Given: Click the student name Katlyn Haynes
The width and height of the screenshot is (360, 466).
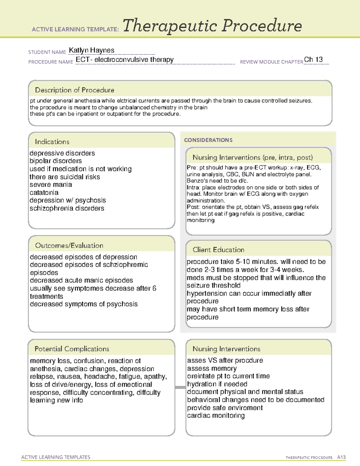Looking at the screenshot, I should click(91, 50).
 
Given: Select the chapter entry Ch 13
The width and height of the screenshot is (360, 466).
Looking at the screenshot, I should click(313, 59).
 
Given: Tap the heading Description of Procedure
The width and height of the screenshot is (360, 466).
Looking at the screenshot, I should click(74, 90).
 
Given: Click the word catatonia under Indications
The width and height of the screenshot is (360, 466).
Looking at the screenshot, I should click(44, 193).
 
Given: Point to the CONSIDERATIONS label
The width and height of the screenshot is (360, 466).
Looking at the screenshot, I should click(208, 140).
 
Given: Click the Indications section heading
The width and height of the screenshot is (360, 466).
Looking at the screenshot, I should click(52, 142).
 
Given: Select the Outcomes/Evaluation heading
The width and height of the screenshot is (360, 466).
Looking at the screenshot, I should click(69, 245).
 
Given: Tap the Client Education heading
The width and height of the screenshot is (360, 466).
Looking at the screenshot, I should click(218, 250).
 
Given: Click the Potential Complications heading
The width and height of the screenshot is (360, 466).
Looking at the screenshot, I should click(72, 349).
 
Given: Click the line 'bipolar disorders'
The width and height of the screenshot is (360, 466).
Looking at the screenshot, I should click(55, 161).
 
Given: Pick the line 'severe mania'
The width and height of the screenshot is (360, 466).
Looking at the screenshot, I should click(51, 185).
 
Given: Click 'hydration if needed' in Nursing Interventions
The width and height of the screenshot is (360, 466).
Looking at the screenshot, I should click(217, 384).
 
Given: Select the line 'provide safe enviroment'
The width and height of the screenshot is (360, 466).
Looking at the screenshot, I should click(225, 408).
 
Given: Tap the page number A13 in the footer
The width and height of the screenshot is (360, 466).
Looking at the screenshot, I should click(341, 457).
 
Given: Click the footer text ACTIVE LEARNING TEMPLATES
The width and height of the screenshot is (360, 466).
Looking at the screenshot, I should click(56, 457).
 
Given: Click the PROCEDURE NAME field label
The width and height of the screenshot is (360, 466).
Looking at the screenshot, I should click(51, 62).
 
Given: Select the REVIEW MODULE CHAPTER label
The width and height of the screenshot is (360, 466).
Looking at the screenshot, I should click(271, 62).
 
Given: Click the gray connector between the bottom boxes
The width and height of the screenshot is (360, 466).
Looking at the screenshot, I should click(180, 387).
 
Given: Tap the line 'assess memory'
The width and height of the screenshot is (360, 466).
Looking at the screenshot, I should click(212, 368).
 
